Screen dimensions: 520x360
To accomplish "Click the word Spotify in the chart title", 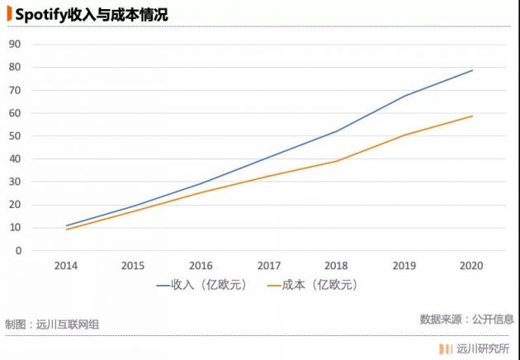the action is pos(40,15).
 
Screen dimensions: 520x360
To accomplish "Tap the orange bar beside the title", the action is pos(9,14).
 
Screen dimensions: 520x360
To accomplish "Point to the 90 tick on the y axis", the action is pos(15,44).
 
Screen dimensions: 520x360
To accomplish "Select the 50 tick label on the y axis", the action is pos(15,136).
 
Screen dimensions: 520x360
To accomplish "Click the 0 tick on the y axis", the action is pos(18,251).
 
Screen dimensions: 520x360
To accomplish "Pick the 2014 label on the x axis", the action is pos(66,265).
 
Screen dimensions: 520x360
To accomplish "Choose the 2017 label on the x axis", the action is pos(269,265).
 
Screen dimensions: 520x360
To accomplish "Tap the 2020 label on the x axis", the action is pos(471,265).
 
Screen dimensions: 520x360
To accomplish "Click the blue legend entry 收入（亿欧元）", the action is pos(202,285).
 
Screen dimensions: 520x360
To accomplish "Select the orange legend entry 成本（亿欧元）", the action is pos(313,285).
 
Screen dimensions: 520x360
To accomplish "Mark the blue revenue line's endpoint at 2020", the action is pos(472,70).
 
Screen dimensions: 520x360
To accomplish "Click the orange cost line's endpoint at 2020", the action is pos(472,116).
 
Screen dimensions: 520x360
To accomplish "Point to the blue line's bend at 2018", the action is pos(337,131).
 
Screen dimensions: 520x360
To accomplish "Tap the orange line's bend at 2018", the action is pos(337,161).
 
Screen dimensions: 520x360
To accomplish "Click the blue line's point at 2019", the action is pos(404,96).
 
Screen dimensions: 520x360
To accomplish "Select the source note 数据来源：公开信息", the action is pos(466,320).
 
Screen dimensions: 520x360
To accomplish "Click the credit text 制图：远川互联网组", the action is pos(52,324).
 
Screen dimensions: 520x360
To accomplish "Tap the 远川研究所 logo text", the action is pos(483,349).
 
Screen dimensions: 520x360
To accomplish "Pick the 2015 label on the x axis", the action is pos(133,265).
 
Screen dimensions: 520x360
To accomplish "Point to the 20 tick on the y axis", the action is pos(15,205).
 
